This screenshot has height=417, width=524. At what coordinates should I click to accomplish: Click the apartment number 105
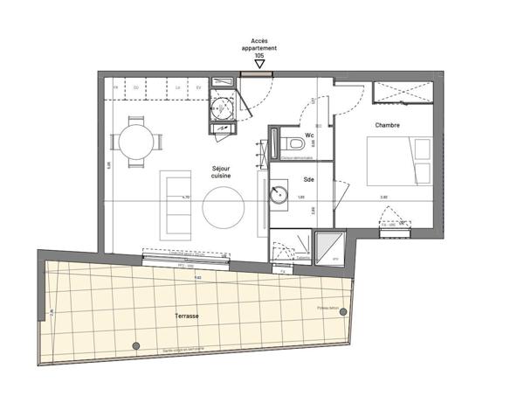pyautogui.click(x=259, y=55)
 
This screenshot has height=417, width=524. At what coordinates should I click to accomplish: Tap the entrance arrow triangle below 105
pyautogui.click(x=259, y=64)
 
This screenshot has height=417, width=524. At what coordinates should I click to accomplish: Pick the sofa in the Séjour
pyautogui.click(x=172, y=206)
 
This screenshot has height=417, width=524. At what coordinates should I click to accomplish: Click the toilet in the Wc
pyautogui.click(x=294, y=142)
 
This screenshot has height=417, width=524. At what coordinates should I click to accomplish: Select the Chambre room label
pyautogui.click(x=387, y=126)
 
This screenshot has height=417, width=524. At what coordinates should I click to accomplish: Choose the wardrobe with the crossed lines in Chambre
pyautogui.click(x=402, y=93)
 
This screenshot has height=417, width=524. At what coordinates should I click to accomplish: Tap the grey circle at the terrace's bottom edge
pyautogui.click(x=135, y=345)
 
